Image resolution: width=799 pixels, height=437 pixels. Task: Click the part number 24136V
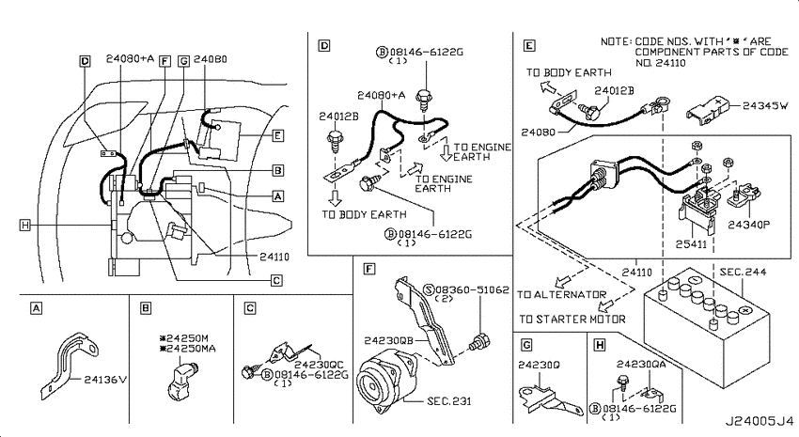(x=105, y=380)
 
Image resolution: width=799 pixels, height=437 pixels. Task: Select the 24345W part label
(x=765, y=106)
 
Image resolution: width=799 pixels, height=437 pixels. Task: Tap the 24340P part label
(x=748, y=225)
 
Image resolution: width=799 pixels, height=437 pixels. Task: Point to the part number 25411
(x=692, y=244)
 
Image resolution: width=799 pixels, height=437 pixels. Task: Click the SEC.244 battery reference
(x=743, y=272)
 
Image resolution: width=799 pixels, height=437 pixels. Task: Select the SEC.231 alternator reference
(x=449, y=401)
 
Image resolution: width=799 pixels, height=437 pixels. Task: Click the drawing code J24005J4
(x=760, y=422)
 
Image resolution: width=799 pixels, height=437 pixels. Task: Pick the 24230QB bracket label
(x=388, y=341)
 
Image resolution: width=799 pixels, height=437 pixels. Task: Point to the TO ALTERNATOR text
(x=561, y=294)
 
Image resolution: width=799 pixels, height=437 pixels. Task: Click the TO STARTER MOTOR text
(x=572, y=320)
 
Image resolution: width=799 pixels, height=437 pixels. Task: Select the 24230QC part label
(x=319, y=365)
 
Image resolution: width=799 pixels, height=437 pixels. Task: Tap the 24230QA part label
(x=641, y=365)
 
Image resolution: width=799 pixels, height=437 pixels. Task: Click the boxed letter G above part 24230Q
(x=526, y=345)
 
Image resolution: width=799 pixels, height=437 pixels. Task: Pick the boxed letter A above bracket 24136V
(x=36, y=308)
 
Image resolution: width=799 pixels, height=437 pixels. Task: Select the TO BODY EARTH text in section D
(x=364, y=214)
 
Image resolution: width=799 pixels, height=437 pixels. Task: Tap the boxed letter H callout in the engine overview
(x=25, y=225)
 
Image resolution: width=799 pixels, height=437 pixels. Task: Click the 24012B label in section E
(x=614, y=90)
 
